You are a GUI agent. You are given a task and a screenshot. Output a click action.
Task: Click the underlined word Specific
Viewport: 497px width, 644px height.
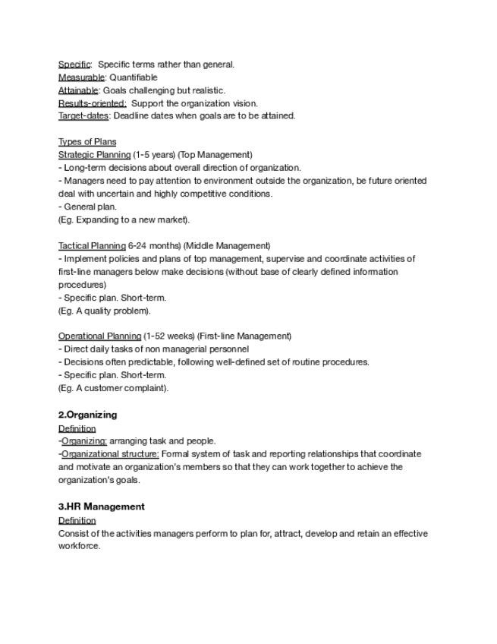click(74, 65)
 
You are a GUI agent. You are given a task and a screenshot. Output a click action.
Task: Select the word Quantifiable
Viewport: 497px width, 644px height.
click(134, 77)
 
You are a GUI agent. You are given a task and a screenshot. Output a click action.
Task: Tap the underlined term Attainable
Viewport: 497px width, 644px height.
click(78, 90)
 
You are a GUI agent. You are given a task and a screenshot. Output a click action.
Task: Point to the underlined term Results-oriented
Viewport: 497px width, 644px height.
click(92, 103)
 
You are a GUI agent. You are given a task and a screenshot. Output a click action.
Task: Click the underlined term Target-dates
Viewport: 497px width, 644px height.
click(83, 116)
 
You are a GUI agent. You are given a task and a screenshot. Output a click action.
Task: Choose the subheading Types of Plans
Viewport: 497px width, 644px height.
click(87, 142)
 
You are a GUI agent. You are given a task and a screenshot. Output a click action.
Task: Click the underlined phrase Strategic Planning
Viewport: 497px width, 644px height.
click(94, 155)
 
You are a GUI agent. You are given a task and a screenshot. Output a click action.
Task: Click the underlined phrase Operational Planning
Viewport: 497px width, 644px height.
click(99, 336)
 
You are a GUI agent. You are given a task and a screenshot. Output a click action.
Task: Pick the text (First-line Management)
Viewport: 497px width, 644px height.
click(244, 336)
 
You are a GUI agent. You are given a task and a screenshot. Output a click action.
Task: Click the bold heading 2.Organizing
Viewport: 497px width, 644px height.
click(87, 415)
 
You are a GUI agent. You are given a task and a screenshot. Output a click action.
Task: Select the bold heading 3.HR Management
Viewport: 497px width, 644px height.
click(101, 507)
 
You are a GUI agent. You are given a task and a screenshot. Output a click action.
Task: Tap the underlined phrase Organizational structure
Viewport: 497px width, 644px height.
click(110, 454)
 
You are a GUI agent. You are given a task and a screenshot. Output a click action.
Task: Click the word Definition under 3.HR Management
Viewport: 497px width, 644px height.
click(77, 520)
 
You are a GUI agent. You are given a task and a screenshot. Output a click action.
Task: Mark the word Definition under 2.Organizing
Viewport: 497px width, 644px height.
click(77, 428)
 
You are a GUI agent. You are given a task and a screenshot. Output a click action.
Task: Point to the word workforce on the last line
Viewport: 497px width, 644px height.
click(79, 546)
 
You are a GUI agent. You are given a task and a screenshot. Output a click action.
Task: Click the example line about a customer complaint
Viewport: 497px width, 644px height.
click(113, 388)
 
